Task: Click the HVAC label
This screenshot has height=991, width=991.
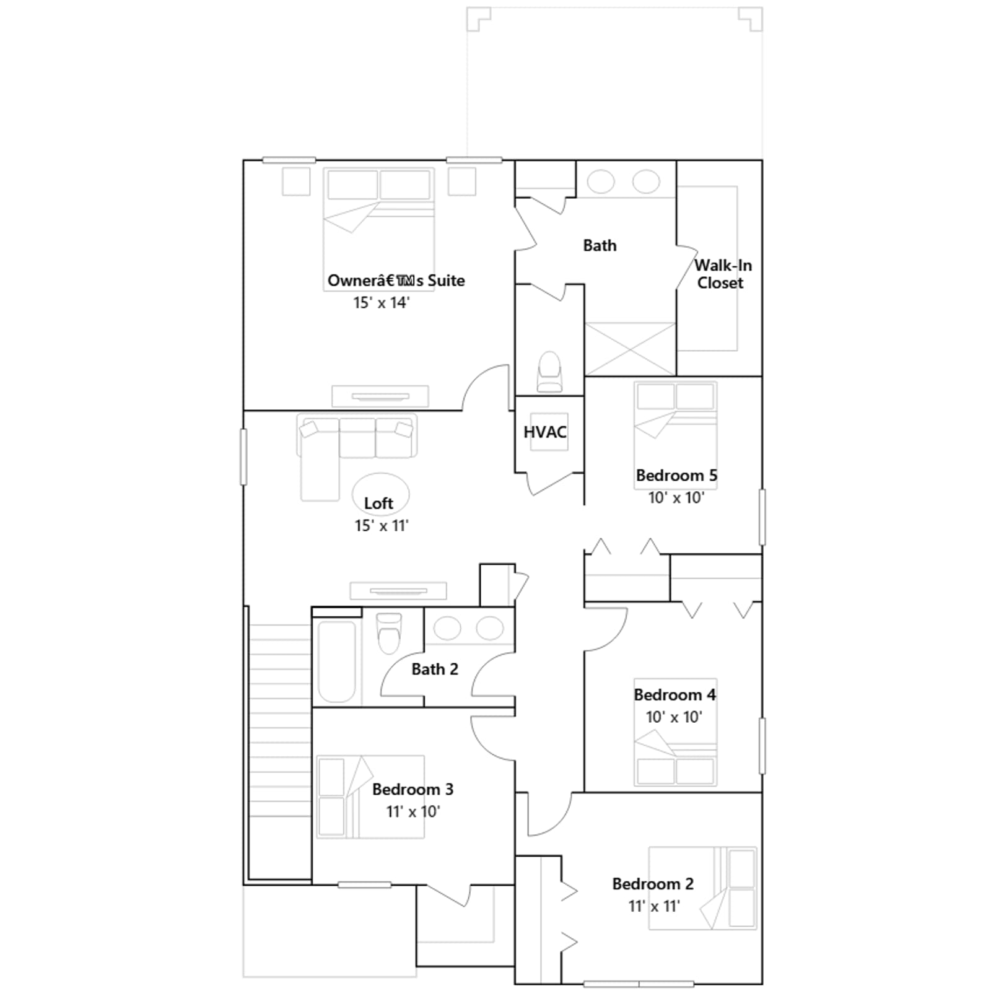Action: (545, 432)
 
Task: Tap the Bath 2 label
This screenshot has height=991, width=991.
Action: (435, 669)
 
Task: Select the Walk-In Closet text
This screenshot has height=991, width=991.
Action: (722, 274)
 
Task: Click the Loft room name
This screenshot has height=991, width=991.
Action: (378, 503)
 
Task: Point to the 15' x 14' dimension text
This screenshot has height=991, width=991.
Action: (382, 302)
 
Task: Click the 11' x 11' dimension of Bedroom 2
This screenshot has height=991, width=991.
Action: (654, 906)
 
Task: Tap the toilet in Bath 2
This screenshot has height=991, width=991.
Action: (389, 633)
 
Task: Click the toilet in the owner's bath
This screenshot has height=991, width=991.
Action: (549, 372)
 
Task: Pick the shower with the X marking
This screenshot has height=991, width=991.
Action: (630, 349)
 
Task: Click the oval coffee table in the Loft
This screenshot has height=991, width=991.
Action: (380, 494)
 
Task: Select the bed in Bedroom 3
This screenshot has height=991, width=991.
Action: (370, 797)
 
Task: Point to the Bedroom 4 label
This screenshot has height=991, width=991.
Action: (674, 695)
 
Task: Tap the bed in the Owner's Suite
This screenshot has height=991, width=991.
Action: (378, 221)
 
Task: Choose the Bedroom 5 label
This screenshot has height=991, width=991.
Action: (676, 476)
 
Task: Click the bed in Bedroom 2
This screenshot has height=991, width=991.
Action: (702, 888)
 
